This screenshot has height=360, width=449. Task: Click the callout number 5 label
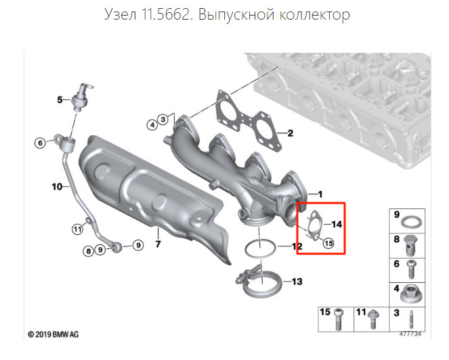point(59,100)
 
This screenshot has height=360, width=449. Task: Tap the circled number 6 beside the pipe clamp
point(40,142)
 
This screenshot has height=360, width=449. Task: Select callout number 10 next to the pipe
point(57,186)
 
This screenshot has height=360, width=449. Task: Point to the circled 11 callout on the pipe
point(77,230)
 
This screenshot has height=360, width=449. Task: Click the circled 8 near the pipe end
point(88,251)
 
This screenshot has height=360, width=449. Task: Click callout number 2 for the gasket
point(289,133)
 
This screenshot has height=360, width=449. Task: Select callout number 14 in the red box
point(337,223)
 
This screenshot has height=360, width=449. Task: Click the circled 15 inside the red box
point(329,244)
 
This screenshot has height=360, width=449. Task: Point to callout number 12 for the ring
point(297,246)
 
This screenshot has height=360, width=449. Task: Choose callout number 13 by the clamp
point(297,280)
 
